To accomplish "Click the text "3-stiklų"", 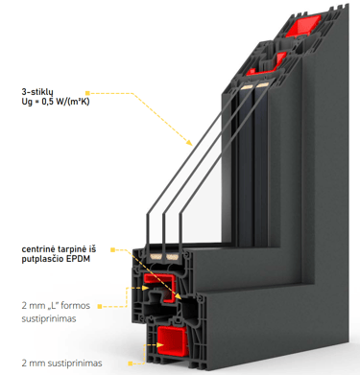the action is (x=36, y=92).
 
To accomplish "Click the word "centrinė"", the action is (x=37, y=249).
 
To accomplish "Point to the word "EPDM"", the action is (x=78, y=259).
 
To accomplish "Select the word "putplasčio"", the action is (x=42, y=259).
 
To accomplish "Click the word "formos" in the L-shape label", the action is (x=75, y=306).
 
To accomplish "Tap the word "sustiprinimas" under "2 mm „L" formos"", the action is (x=49, y=319).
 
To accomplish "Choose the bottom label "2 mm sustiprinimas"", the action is (x=61, y=363).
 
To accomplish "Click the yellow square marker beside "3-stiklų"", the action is (x=87, y=93).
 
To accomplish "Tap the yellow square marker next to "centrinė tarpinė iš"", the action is (x=112, y=249).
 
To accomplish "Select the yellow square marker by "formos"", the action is (x=100, y=307).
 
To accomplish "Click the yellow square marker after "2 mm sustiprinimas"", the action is (x=131, y=363).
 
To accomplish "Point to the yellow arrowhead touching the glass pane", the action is (x=189, y=142).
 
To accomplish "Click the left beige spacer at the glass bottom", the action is (x=156, y=256).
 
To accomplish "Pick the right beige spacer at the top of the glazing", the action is (x=263, y=85).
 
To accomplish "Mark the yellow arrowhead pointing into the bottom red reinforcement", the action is (x=160, y=345).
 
